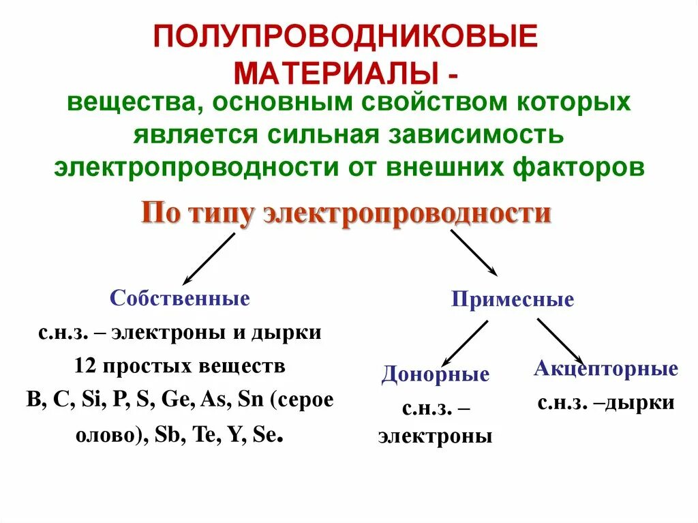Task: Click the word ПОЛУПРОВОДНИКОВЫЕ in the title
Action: pos(346,36)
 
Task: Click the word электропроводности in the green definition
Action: pos(196,167)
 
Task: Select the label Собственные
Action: pos(180,298)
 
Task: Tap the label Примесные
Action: pos(513,300)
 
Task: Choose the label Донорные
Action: pos(436,374)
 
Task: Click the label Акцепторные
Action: pos(606,369)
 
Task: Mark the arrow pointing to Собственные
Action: pos(208,258)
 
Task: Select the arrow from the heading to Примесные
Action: pos(474,252)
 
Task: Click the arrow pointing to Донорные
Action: pos(465,342)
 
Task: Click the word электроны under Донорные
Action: pos(436,436)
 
